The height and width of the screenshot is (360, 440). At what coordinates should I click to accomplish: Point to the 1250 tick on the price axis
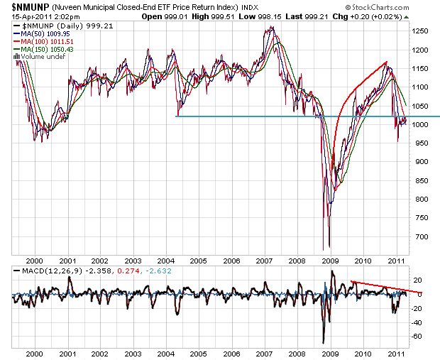point(422,31)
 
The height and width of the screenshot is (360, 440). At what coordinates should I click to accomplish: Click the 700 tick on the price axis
point(419,236)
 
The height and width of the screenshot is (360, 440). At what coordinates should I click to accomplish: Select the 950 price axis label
point(419,143)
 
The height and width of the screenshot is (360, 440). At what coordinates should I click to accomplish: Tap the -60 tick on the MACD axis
point(418,336)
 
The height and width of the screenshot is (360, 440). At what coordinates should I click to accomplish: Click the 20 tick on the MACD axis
point(418,280)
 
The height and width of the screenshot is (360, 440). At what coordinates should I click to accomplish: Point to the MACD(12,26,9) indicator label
point(41,271)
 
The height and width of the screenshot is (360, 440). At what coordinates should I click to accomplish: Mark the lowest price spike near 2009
point(324,249)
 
